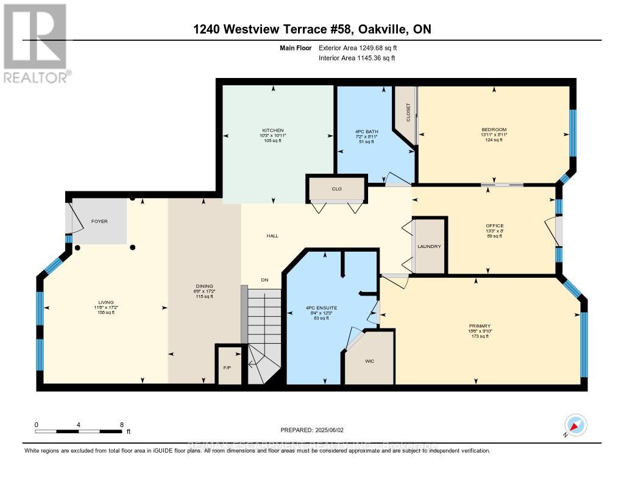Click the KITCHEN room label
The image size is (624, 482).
point(273,130)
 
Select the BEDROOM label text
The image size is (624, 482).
point(494,130)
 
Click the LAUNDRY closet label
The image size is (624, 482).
point(429,246)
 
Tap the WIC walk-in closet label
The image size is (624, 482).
point(369,361)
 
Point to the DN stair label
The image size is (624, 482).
point(264,280)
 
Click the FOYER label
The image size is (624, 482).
point(99,221)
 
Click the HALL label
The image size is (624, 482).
point(272,235)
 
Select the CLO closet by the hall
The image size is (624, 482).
point(336,189)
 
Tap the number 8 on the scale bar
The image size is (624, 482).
point(122,424)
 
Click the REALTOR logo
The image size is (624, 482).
point(36,43)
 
